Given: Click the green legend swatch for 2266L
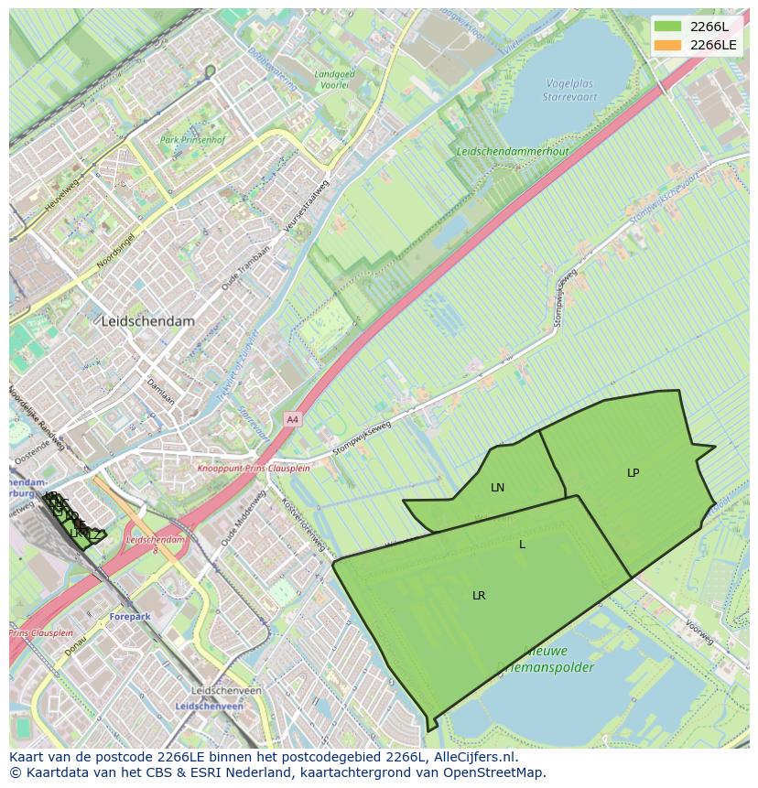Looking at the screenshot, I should click(x=668, y=27).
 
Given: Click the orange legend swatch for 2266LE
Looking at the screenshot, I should click(x=668, y=45).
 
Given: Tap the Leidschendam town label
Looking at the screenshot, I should click(x=148, y=322).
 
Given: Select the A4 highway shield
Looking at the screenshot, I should click(x=292, y=419).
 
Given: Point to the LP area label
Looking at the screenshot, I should click(x=633, y=473).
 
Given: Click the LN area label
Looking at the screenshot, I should click(x=497, y=488).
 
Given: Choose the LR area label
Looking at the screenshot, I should click(x=479, y=596).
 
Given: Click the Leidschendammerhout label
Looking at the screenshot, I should click(x=513, y=151).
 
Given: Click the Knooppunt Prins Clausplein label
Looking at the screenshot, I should click(x=254, y=468).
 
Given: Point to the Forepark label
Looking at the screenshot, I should click(x=129, y=617).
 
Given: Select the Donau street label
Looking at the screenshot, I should click(x=77, y=646).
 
